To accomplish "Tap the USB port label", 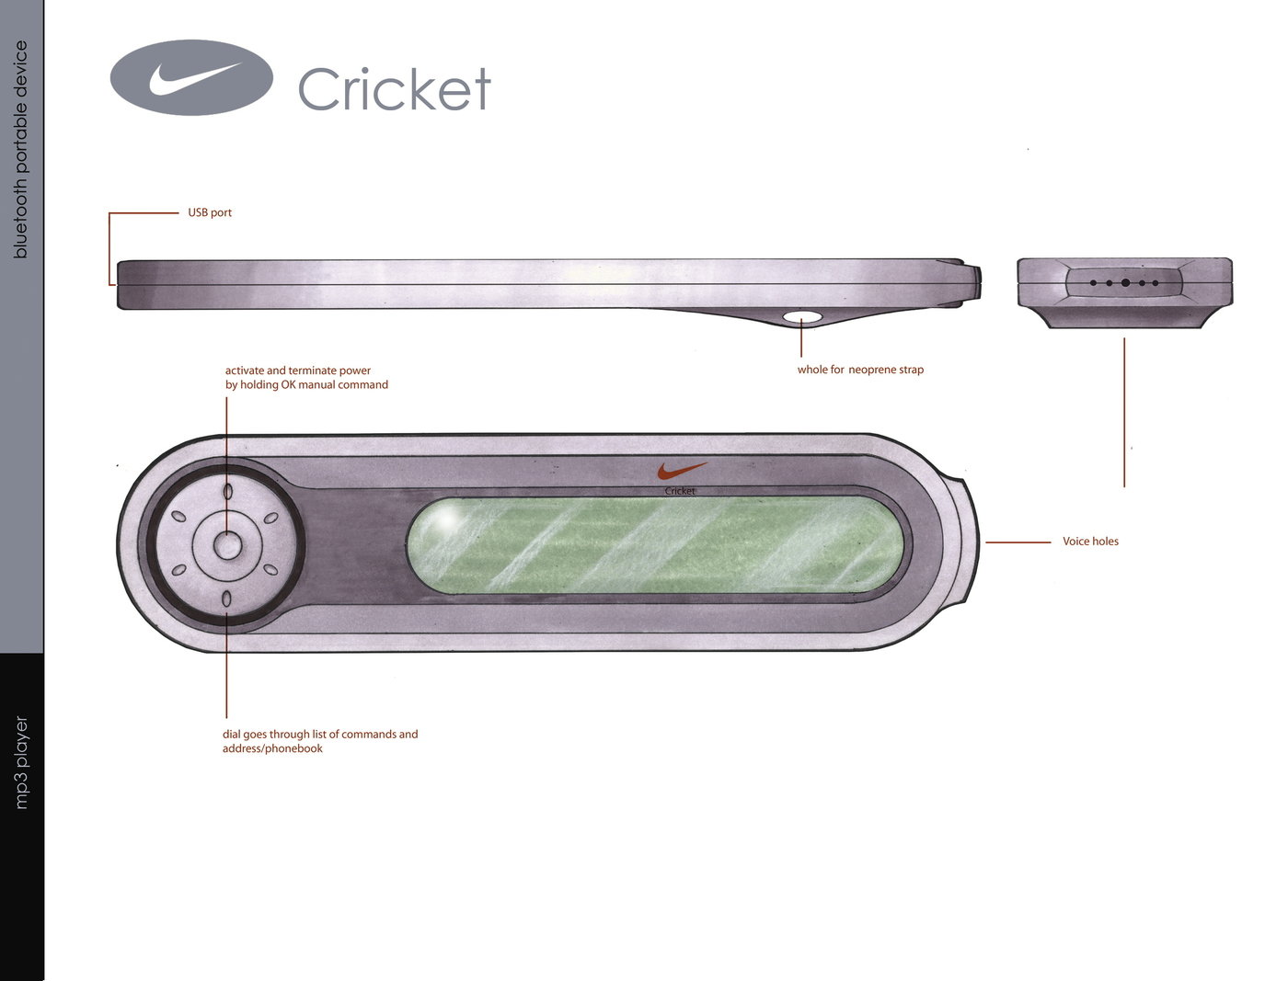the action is pos(210,212).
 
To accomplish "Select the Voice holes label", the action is pos(1090,542).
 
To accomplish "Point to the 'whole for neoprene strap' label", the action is pos(860,370).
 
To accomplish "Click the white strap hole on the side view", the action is pos(802,317).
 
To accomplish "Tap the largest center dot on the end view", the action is pos(1125,282).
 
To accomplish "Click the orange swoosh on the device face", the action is pos(682,470).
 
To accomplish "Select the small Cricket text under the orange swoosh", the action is pos(680,491).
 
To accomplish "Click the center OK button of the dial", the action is pos(227,545).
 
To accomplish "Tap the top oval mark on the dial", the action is pos(227,491).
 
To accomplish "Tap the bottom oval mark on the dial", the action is pos(226,599).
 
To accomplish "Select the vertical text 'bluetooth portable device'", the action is pos(20,150).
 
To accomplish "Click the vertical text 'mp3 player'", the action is pos(20,762).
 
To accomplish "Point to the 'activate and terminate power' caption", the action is pos(298,371).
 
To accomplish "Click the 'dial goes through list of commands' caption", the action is pos(320,734).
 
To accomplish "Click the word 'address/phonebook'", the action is pos(272,748).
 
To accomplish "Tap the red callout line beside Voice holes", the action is pos(1018,542).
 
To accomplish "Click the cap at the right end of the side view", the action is pos(974,282).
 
